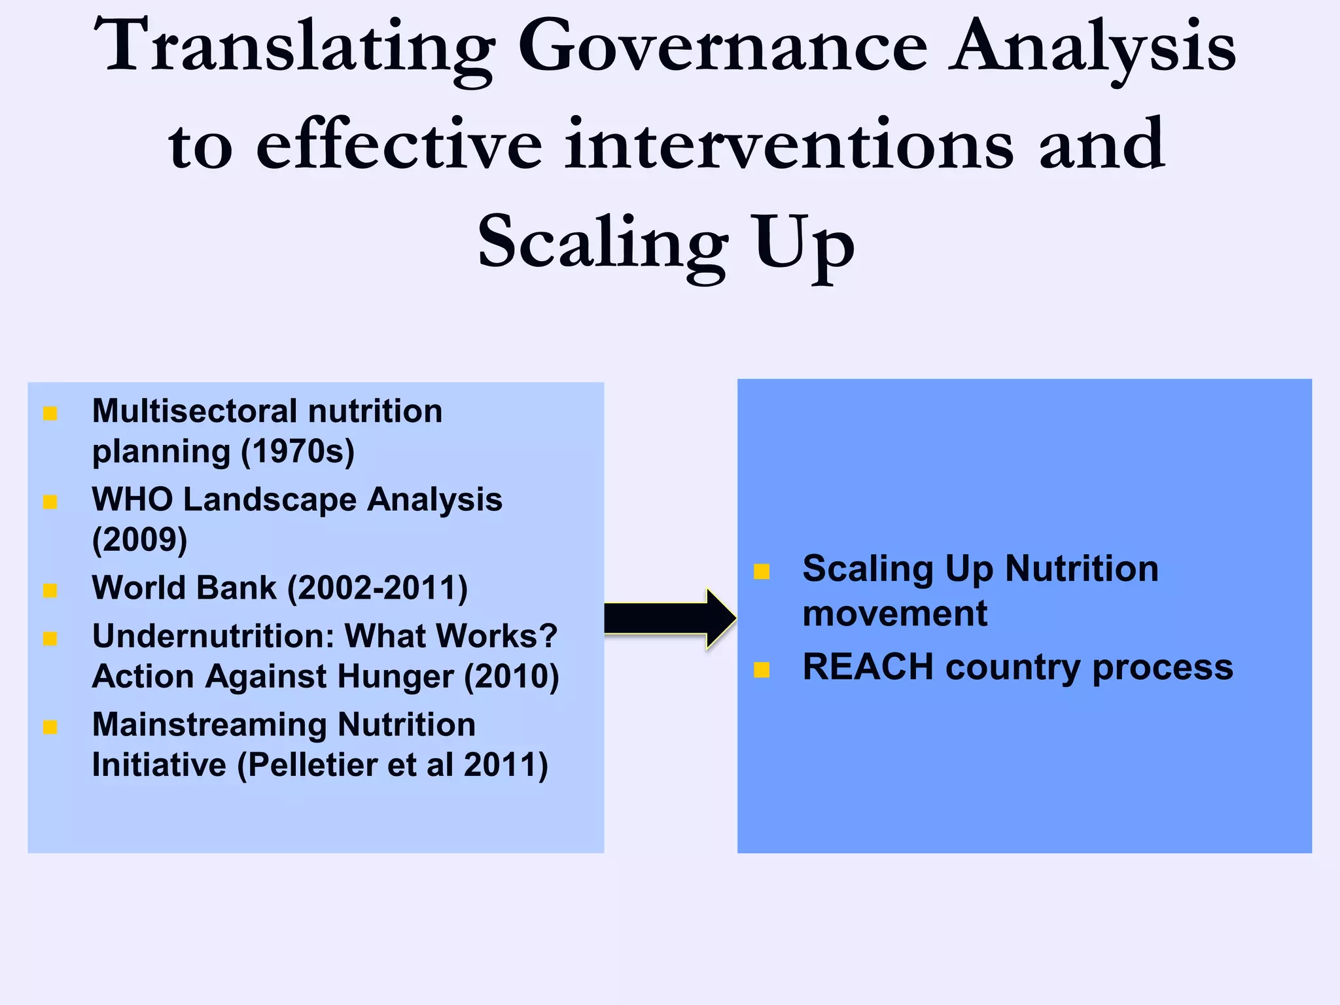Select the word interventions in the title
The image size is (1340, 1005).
pos(788,145)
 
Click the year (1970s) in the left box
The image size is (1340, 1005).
pos(298,451)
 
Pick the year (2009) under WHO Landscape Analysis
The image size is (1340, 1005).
pos(140,540)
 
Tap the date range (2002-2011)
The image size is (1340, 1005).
pos(378,588)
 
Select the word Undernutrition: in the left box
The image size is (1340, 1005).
pos(213,636)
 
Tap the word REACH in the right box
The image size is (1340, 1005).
pos(868,667)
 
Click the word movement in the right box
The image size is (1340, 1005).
pos(894,614)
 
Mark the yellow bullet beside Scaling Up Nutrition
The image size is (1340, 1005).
pos(762,572)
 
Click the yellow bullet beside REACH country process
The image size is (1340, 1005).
pos(762,669)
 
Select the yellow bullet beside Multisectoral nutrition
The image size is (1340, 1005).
pos(50,414)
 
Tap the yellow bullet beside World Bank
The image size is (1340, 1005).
pos(50,590)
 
